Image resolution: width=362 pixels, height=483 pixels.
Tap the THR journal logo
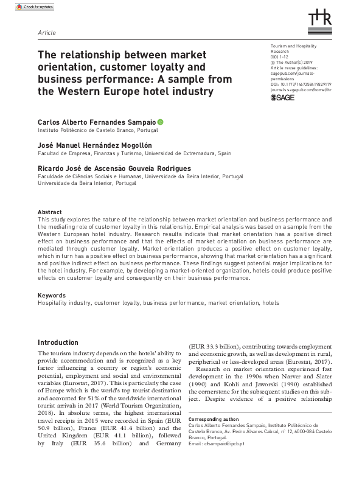(320, 18)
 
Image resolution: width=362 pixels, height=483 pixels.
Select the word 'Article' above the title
(46, 31)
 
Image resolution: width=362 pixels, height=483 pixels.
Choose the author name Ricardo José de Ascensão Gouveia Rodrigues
(114, 169)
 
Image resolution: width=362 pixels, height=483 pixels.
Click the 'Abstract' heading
(49, 212)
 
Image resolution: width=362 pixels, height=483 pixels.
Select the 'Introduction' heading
(58, 343)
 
